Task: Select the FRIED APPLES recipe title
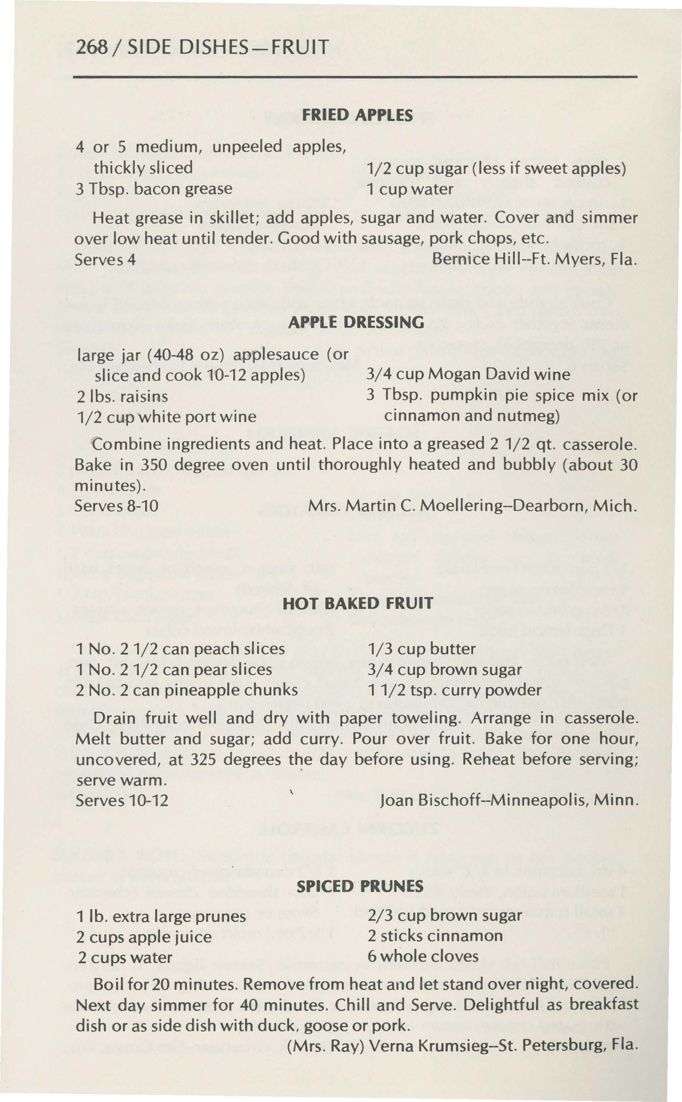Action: tap(357, 115)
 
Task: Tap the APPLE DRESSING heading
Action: tap(356, 322)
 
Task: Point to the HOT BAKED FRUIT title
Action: tap(358, 604)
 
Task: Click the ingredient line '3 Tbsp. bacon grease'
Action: tap(154, 188)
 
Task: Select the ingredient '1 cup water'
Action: tap(410, 189)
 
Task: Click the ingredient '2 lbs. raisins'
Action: tap(122, 396)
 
